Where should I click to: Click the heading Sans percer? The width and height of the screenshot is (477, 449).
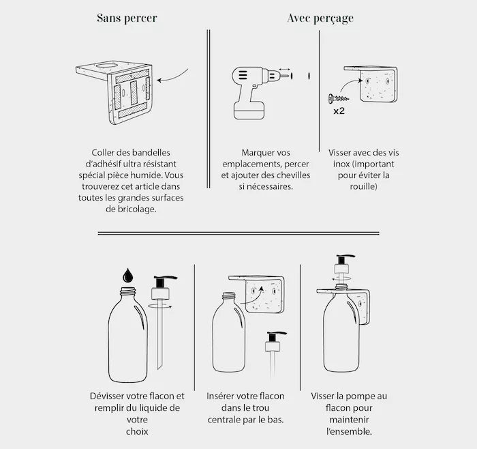[127, 18]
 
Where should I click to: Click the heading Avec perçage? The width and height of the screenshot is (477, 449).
[320, 18]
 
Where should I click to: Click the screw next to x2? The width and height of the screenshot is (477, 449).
[339, 98]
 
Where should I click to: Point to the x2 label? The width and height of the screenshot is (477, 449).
[339, 111]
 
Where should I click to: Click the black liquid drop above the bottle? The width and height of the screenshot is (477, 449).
[128, 275]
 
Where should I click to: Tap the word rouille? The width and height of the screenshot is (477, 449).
[363, 186]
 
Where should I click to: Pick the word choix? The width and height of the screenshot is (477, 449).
[137, 431]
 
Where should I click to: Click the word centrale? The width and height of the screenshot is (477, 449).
[224, 420]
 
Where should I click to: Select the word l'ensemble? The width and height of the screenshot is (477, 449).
[349, 431]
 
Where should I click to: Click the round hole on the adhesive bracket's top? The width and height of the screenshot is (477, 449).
[108, 66]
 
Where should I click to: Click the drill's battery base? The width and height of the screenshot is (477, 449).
[249, 111]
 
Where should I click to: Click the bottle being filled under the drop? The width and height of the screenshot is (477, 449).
[128, 335]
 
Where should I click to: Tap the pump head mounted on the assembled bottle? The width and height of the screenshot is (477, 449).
[343, 264]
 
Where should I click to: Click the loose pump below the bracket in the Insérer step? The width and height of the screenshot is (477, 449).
[275, 353]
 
